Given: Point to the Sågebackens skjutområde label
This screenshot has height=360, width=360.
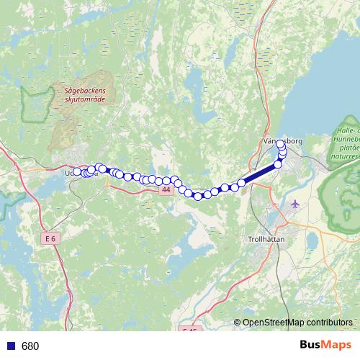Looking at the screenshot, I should [85, 96].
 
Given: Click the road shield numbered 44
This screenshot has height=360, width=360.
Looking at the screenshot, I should [166, 190].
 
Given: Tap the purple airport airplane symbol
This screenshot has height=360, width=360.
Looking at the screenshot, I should [294, 204].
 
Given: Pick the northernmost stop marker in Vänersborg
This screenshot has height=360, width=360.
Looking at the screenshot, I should [280, 145].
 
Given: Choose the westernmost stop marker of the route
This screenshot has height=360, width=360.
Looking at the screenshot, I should [76, 171].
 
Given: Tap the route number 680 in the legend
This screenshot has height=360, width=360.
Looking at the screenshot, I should [30, 346].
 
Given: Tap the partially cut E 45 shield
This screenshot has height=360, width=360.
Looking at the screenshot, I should [189, 330].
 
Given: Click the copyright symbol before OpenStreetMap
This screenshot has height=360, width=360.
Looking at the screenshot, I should [238, 323].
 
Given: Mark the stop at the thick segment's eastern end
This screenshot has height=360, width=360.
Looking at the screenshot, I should [278, 165].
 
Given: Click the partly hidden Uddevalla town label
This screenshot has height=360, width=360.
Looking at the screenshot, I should [70, 172].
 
